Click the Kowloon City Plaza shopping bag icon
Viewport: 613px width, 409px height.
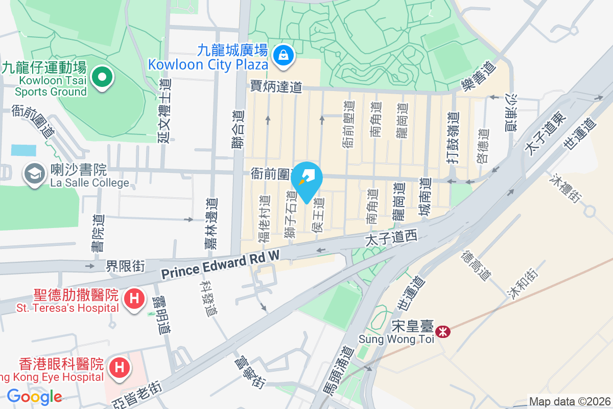282,55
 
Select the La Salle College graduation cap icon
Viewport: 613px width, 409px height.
34,174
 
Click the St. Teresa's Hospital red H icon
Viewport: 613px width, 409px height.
134,298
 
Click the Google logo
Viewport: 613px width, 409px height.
34,396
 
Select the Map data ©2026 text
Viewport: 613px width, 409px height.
570,402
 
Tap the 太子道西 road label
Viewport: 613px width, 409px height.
392,238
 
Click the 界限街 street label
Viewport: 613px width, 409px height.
125,266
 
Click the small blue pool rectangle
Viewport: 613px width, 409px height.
23,150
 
